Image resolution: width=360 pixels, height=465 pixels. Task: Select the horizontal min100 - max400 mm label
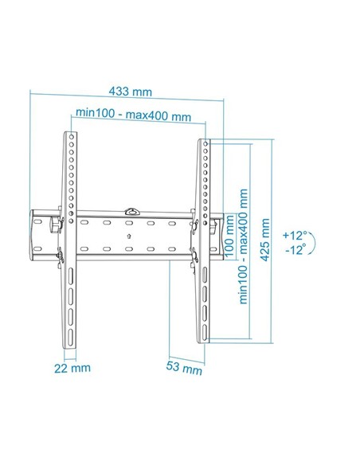(x=133, y=115)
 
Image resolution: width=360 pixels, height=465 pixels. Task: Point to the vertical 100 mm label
(x=230, y=232)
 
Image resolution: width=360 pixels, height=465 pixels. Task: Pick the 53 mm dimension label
(x=185, y=369)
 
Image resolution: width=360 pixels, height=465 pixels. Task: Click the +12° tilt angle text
(x=295, y=236)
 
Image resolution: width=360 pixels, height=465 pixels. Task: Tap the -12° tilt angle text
(x=295, y=250)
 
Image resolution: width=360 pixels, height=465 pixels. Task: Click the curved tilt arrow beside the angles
(x=313, y=243)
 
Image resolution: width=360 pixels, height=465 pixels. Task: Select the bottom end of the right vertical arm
(x=204, y=338)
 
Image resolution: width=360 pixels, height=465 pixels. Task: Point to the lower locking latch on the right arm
(x=194, y=256)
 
